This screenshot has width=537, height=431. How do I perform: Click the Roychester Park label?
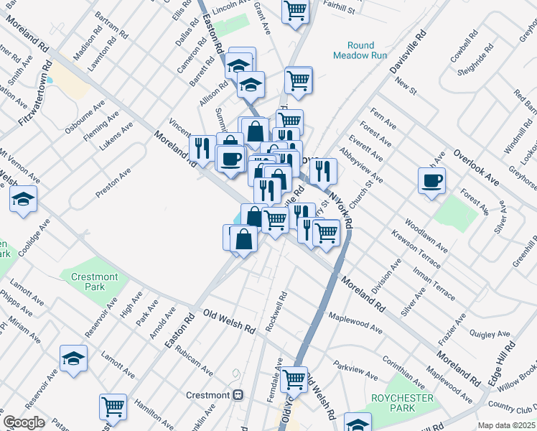click(393, 403)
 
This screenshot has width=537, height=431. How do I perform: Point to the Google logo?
click(24, 422)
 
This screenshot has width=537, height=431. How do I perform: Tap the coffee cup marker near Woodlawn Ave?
click(431, 180)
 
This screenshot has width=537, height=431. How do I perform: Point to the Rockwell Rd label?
click(276, 311)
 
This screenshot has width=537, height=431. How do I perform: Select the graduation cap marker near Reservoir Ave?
click(73, 358)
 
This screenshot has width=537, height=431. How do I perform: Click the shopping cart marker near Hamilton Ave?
click(113, 407)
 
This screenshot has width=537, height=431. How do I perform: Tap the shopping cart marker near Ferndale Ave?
click(294, 378)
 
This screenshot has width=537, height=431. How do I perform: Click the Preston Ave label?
click(113, 184)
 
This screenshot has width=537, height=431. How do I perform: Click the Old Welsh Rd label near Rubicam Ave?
click(229, 322)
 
